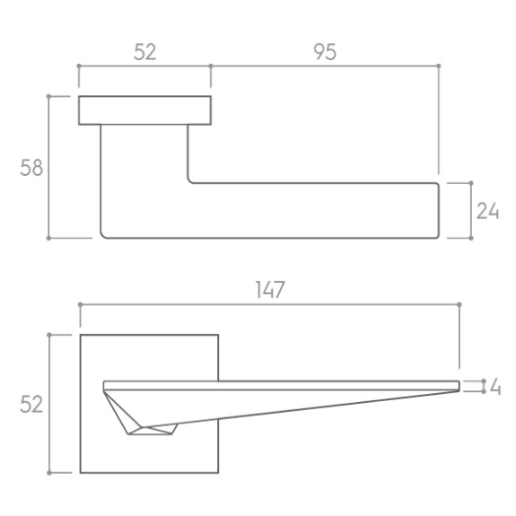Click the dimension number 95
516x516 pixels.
325,52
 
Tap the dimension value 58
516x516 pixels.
31,168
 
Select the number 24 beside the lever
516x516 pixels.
487,211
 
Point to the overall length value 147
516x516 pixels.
270,290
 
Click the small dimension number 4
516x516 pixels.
495,387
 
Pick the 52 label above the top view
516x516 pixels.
145,52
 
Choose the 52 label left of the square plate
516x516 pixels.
31,404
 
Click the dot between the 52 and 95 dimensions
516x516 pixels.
211,66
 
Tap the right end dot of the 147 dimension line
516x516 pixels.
459,305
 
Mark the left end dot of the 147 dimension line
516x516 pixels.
80,305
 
